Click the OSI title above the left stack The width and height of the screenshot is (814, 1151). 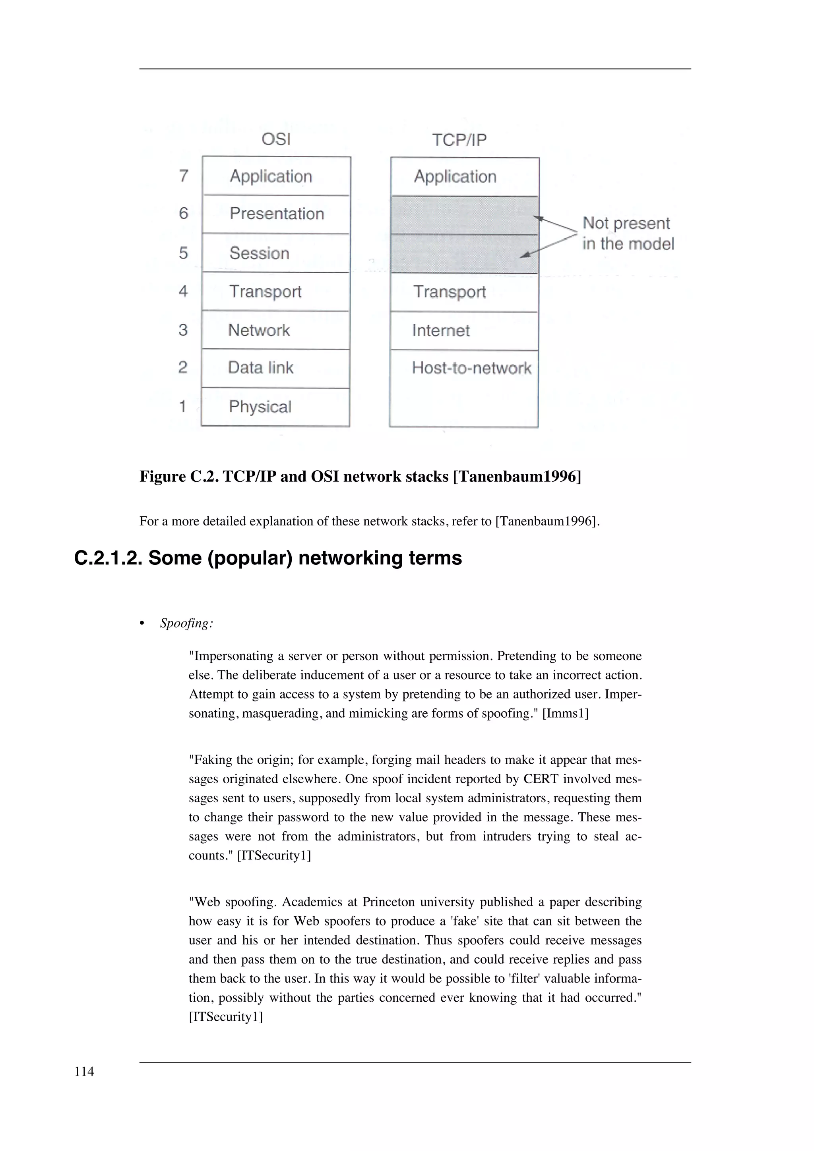276,139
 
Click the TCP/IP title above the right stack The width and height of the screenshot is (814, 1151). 459,140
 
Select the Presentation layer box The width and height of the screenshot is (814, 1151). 276,214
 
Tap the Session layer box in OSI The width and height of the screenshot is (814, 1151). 276,253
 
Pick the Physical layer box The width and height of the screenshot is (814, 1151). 275,407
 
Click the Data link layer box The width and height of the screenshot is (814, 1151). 275,368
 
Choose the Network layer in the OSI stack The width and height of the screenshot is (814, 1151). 275,330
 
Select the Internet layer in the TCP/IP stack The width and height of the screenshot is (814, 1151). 464,330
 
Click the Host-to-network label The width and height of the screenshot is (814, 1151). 471,368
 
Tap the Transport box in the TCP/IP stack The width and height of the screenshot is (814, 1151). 464,292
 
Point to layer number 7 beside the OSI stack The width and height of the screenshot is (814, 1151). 184,176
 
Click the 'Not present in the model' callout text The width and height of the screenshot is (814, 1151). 628,234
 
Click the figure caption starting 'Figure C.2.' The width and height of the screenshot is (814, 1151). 360,476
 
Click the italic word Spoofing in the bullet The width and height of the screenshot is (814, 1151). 186,623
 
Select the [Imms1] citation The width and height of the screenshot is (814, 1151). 565,713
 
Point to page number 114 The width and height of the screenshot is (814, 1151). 84,1072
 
